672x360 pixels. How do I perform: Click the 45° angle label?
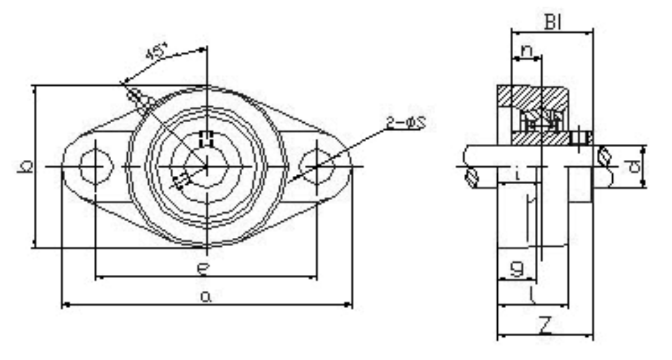[156, 53]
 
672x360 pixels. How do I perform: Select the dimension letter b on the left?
[24, 166]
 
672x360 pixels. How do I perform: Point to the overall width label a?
[206, 297]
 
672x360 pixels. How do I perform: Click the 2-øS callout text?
[405, 123]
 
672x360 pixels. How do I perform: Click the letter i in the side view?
[516, 176]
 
